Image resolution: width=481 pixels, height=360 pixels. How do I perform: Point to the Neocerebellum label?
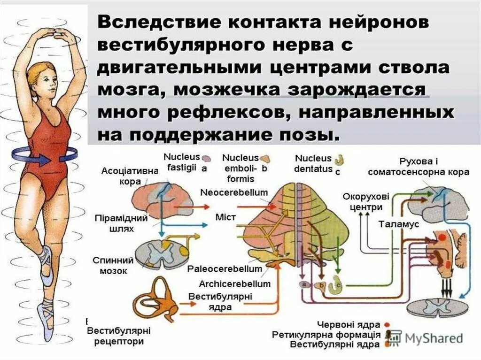click(234, 193)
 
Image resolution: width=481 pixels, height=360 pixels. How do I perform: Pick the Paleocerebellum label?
click(225, 269)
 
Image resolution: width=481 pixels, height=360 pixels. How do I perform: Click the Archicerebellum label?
click(234, 284)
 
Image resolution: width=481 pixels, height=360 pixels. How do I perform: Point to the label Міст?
click(225, 217)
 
